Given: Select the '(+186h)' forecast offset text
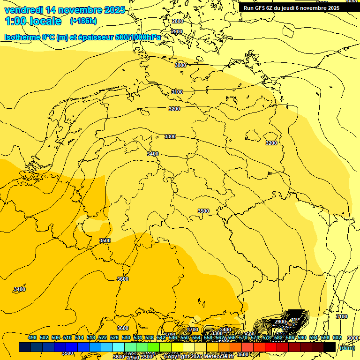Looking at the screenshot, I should click(x=83, y=21).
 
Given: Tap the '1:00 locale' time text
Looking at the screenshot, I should click(x=33, y=21).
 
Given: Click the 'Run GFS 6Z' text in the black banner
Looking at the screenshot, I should click(x=258, y=8).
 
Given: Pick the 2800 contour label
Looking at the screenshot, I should click(x=177, y=22).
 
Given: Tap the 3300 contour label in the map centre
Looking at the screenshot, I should click(x=170, y=136).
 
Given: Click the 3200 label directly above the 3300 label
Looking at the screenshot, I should click(x=174, y=109).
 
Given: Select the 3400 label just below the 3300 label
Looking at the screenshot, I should click(x=153, y=154).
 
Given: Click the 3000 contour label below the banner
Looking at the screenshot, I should click(x=180, y=65).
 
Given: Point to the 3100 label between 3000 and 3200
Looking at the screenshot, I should click(x=177, y=92).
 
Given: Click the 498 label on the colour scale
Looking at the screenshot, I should click(x=32, y=338).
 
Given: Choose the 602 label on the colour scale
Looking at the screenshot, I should click(x=337, y=338).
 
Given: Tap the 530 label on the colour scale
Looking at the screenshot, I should click(x=126, y=338).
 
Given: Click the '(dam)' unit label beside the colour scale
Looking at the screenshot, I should click(x=347, y=347).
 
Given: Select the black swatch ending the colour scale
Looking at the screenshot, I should click(x=330, y=347).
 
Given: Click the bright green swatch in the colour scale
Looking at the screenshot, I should click(x=154, y=347).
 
